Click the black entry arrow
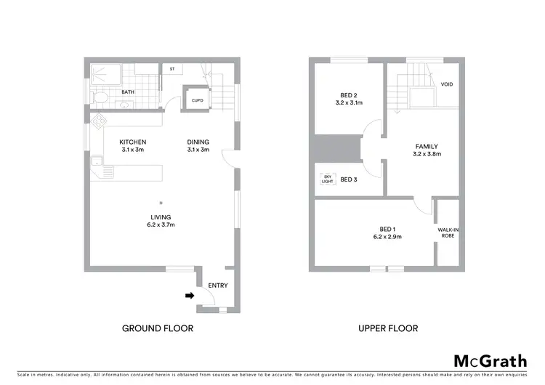coord(190,295)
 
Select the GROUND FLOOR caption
coord(157,328)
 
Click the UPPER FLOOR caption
coord(388,328)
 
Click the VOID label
coord(447,84)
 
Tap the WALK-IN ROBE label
coord(448,232)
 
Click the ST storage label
coord(172,69)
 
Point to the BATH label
coord(128,92)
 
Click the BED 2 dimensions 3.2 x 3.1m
coord(348,104)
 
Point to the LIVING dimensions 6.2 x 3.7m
coord(161,225)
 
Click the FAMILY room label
coord(427,145)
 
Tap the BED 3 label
coord(349,179)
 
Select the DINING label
coord(198,142)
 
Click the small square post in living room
coord(161,203)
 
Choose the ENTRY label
coord(218,285)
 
